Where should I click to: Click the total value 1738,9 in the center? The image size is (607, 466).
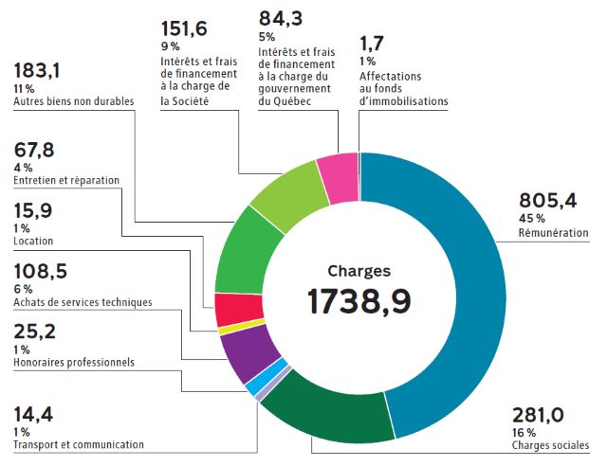point(359,301)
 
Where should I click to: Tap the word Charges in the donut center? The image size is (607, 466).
point(359,269)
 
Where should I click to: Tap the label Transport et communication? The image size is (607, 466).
point(79,444)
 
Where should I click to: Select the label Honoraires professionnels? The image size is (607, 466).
point(74,362)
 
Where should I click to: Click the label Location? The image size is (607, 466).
point(34,242)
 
